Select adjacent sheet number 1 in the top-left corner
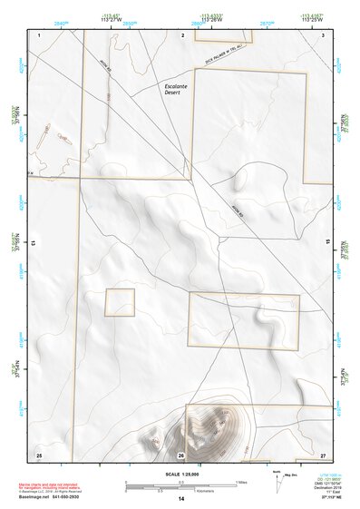pyautogui.click(x=40, y=34)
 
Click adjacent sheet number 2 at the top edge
pyautogui.click(x=182, y=34)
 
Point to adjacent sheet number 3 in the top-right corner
pyautogui.click(x=323, y=34)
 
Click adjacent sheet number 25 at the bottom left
pyautogui.click(x=39, y=454)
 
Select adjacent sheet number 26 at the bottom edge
pyautogui.click(x=181, y=454)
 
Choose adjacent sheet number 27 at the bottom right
pyautogui.click(x=323, y=454)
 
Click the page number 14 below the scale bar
pyautogui.click(x=180, y=499)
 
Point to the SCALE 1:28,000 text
pyautogui.click(x=180, y=473)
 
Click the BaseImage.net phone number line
pyautogui.click(x=56, y=498)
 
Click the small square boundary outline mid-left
pyautogui.click(x=120, y=302)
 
